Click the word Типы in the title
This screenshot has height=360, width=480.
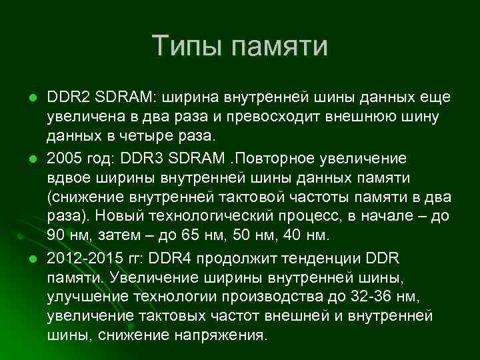187,47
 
